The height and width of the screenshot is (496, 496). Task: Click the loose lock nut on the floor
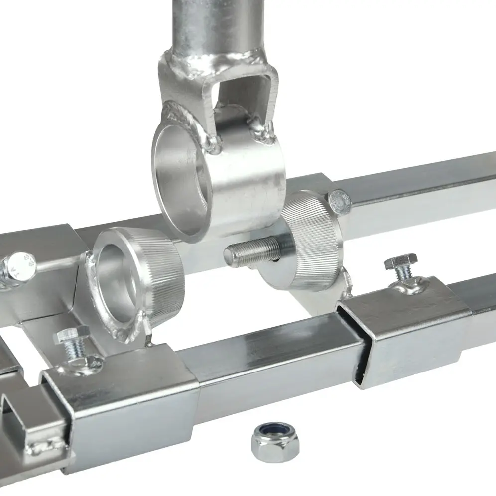point(274,441)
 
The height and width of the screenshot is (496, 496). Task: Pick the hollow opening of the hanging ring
point(182,177)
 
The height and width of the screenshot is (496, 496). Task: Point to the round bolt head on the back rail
point(340,200)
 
